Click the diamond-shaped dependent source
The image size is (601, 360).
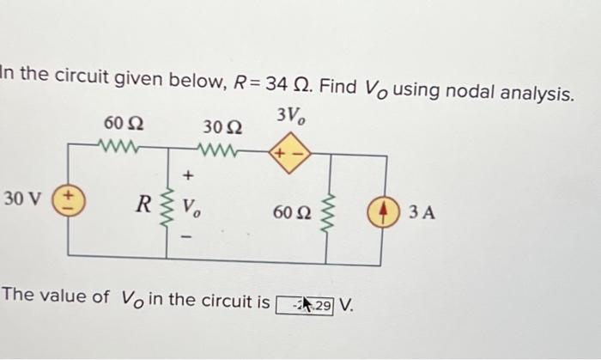[x=286, y=156]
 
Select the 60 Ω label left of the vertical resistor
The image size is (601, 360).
[x=292, y=211]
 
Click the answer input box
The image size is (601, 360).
[x=306, y=303]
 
